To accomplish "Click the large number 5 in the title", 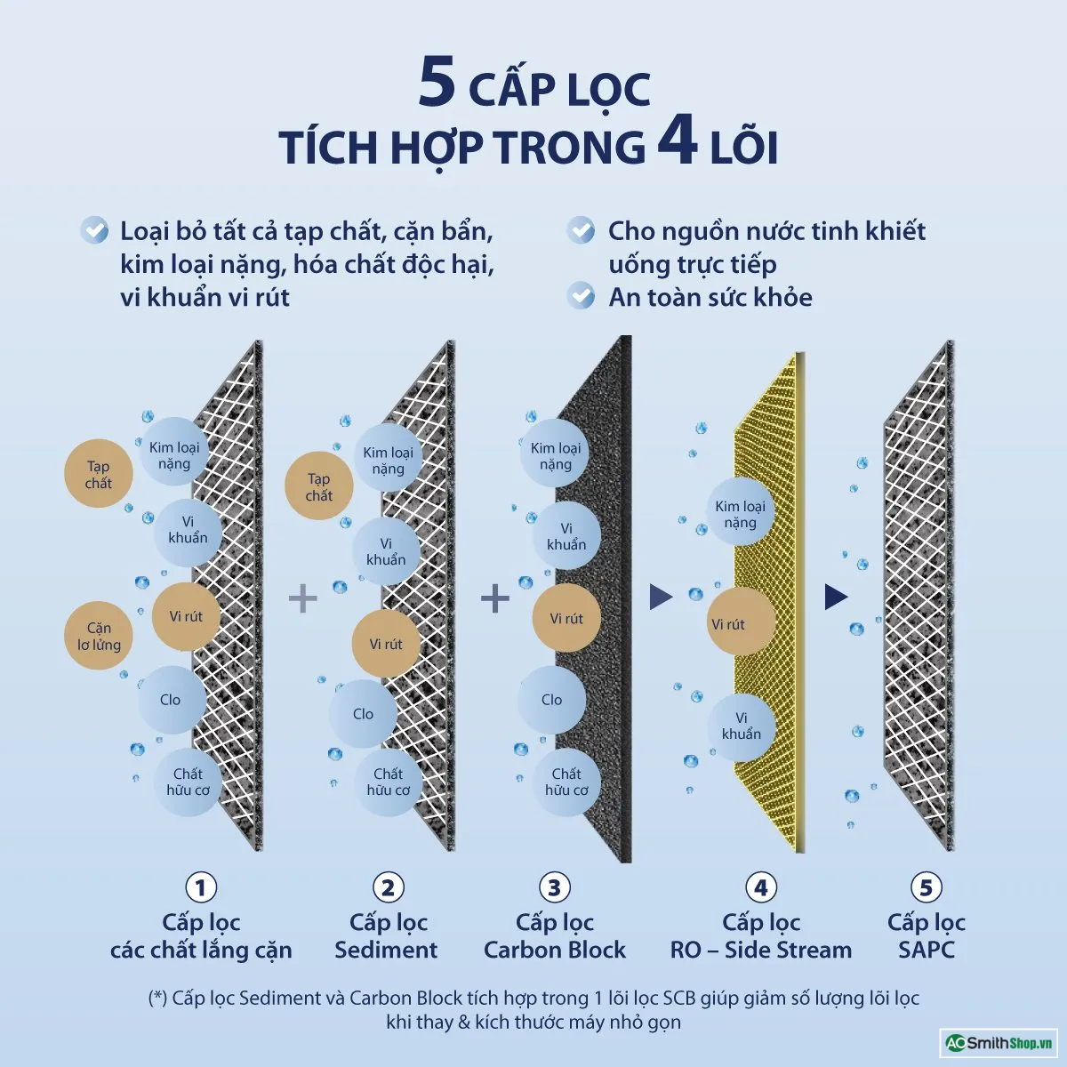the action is [437, 83].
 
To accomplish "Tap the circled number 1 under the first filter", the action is [201, 887].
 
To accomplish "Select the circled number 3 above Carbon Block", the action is [554, 887].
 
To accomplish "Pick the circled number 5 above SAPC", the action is [926, 887].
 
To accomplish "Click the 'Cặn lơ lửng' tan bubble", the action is [99, 636].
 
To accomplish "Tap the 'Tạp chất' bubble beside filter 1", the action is [99, 474].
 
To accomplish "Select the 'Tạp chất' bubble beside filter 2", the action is [319, 486].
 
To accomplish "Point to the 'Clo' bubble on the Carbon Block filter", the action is [552, 700].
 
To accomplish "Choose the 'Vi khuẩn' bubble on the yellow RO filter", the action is [742, 726].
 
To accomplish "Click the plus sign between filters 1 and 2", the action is [303, 598].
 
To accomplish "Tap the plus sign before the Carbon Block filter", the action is [495, 598].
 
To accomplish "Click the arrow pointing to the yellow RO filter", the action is [660, 597].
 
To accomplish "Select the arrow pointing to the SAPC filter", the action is [836, 597].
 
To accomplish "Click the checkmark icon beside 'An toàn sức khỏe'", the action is [581, 295].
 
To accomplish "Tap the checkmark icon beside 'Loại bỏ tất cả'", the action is [94, 229].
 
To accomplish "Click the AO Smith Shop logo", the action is [999, 1043].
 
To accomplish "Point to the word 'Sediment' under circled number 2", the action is [386, 950].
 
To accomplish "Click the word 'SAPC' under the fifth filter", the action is [927, 950].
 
